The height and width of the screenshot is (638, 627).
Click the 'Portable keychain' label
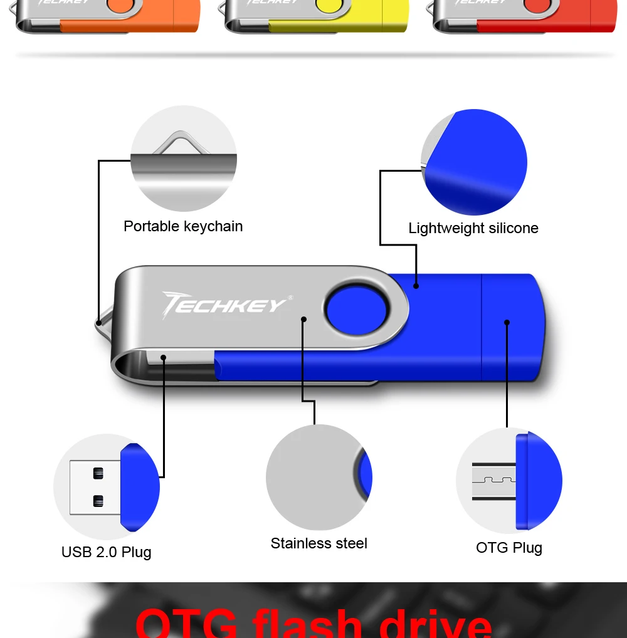(183, 226)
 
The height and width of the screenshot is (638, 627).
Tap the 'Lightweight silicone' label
(473, 228)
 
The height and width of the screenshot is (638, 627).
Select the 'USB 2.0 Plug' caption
(107, 552)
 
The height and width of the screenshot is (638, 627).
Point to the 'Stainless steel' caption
(319, 543)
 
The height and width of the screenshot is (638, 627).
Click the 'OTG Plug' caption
(509, 548)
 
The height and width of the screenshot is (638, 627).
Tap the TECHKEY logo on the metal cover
(224, 305)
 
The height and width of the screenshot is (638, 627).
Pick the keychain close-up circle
(184, 159)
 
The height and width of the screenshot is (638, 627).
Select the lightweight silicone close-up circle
(474, 162)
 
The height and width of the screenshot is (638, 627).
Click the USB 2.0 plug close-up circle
(107, 487)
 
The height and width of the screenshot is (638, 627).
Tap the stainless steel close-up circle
(319, 478)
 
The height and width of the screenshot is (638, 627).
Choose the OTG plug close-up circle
(509, 481)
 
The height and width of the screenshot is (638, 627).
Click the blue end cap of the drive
(511, 326)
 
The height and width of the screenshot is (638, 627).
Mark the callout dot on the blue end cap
(507, 323)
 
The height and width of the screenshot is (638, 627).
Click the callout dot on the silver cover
(303, 319)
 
